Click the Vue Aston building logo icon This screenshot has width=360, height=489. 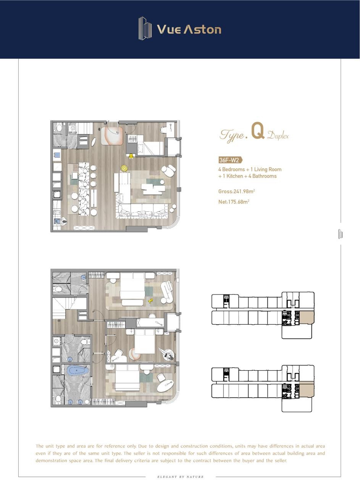(x=145, y=28)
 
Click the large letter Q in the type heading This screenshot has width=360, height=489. (x=258, y=131)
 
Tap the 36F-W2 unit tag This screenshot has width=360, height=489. (x=230, y=160)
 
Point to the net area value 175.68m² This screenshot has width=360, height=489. (x=239, y=202)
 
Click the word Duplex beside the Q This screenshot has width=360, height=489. (x=278, y=136)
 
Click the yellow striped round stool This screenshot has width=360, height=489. (x=124, y=168)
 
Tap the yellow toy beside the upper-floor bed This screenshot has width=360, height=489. (x=150, y=301)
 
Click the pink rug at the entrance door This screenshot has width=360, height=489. (x=112, y=135)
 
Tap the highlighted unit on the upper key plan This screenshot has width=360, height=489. (x=307, y=318)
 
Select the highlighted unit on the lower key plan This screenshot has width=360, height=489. (x=307, y=391)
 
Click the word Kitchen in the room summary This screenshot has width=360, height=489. (x=235, y=176)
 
